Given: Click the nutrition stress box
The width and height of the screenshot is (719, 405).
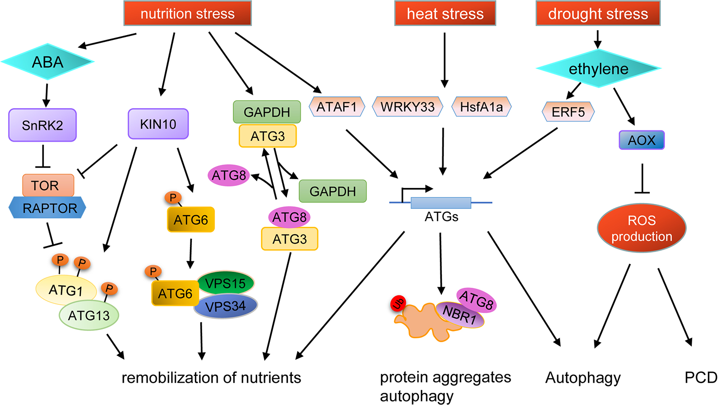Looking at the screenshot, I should pos(188,13).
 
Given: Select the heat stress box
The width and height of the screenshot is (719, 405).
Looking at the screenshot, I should pos(445,13).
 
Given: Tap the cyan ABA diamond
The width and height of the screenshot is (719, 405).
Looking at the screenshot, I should pos(47,62).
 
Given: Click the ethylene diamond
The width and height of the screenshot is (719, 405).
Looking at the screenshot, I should pos(598,69).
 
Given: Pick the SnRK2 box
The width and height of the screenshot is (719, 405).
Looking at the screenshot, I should pos(42,125).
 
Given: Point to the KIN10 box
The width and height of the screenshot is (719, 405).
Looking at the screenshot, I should pos(158,124).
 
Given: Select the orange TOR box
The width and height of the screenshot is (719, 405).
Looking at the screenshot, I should pos(48,185).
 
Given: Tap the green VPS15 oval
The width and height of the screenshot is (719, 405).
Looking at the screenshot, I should pos(225,283).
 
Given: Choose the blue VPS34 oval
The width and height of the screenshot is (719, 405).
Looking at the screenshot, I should pos(226,307).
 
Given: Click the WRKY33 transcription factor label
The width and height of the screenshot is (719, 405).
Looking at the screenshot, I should pos(407,107).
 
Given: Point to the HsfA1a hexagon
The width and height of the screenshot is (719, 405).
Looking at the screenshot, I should pos(481,107).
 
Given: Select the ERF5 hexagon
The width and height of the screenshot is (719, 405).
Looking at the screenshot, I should pos(568,112).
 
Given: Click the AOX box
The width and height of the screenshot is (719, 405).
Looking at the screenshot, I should pos(641,140).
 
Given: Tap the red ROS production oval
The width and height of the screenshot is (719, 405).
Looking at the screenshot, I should pos(642,228).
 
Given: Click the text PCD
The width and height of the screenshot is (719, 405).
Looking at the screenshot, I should pos(700,378).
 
